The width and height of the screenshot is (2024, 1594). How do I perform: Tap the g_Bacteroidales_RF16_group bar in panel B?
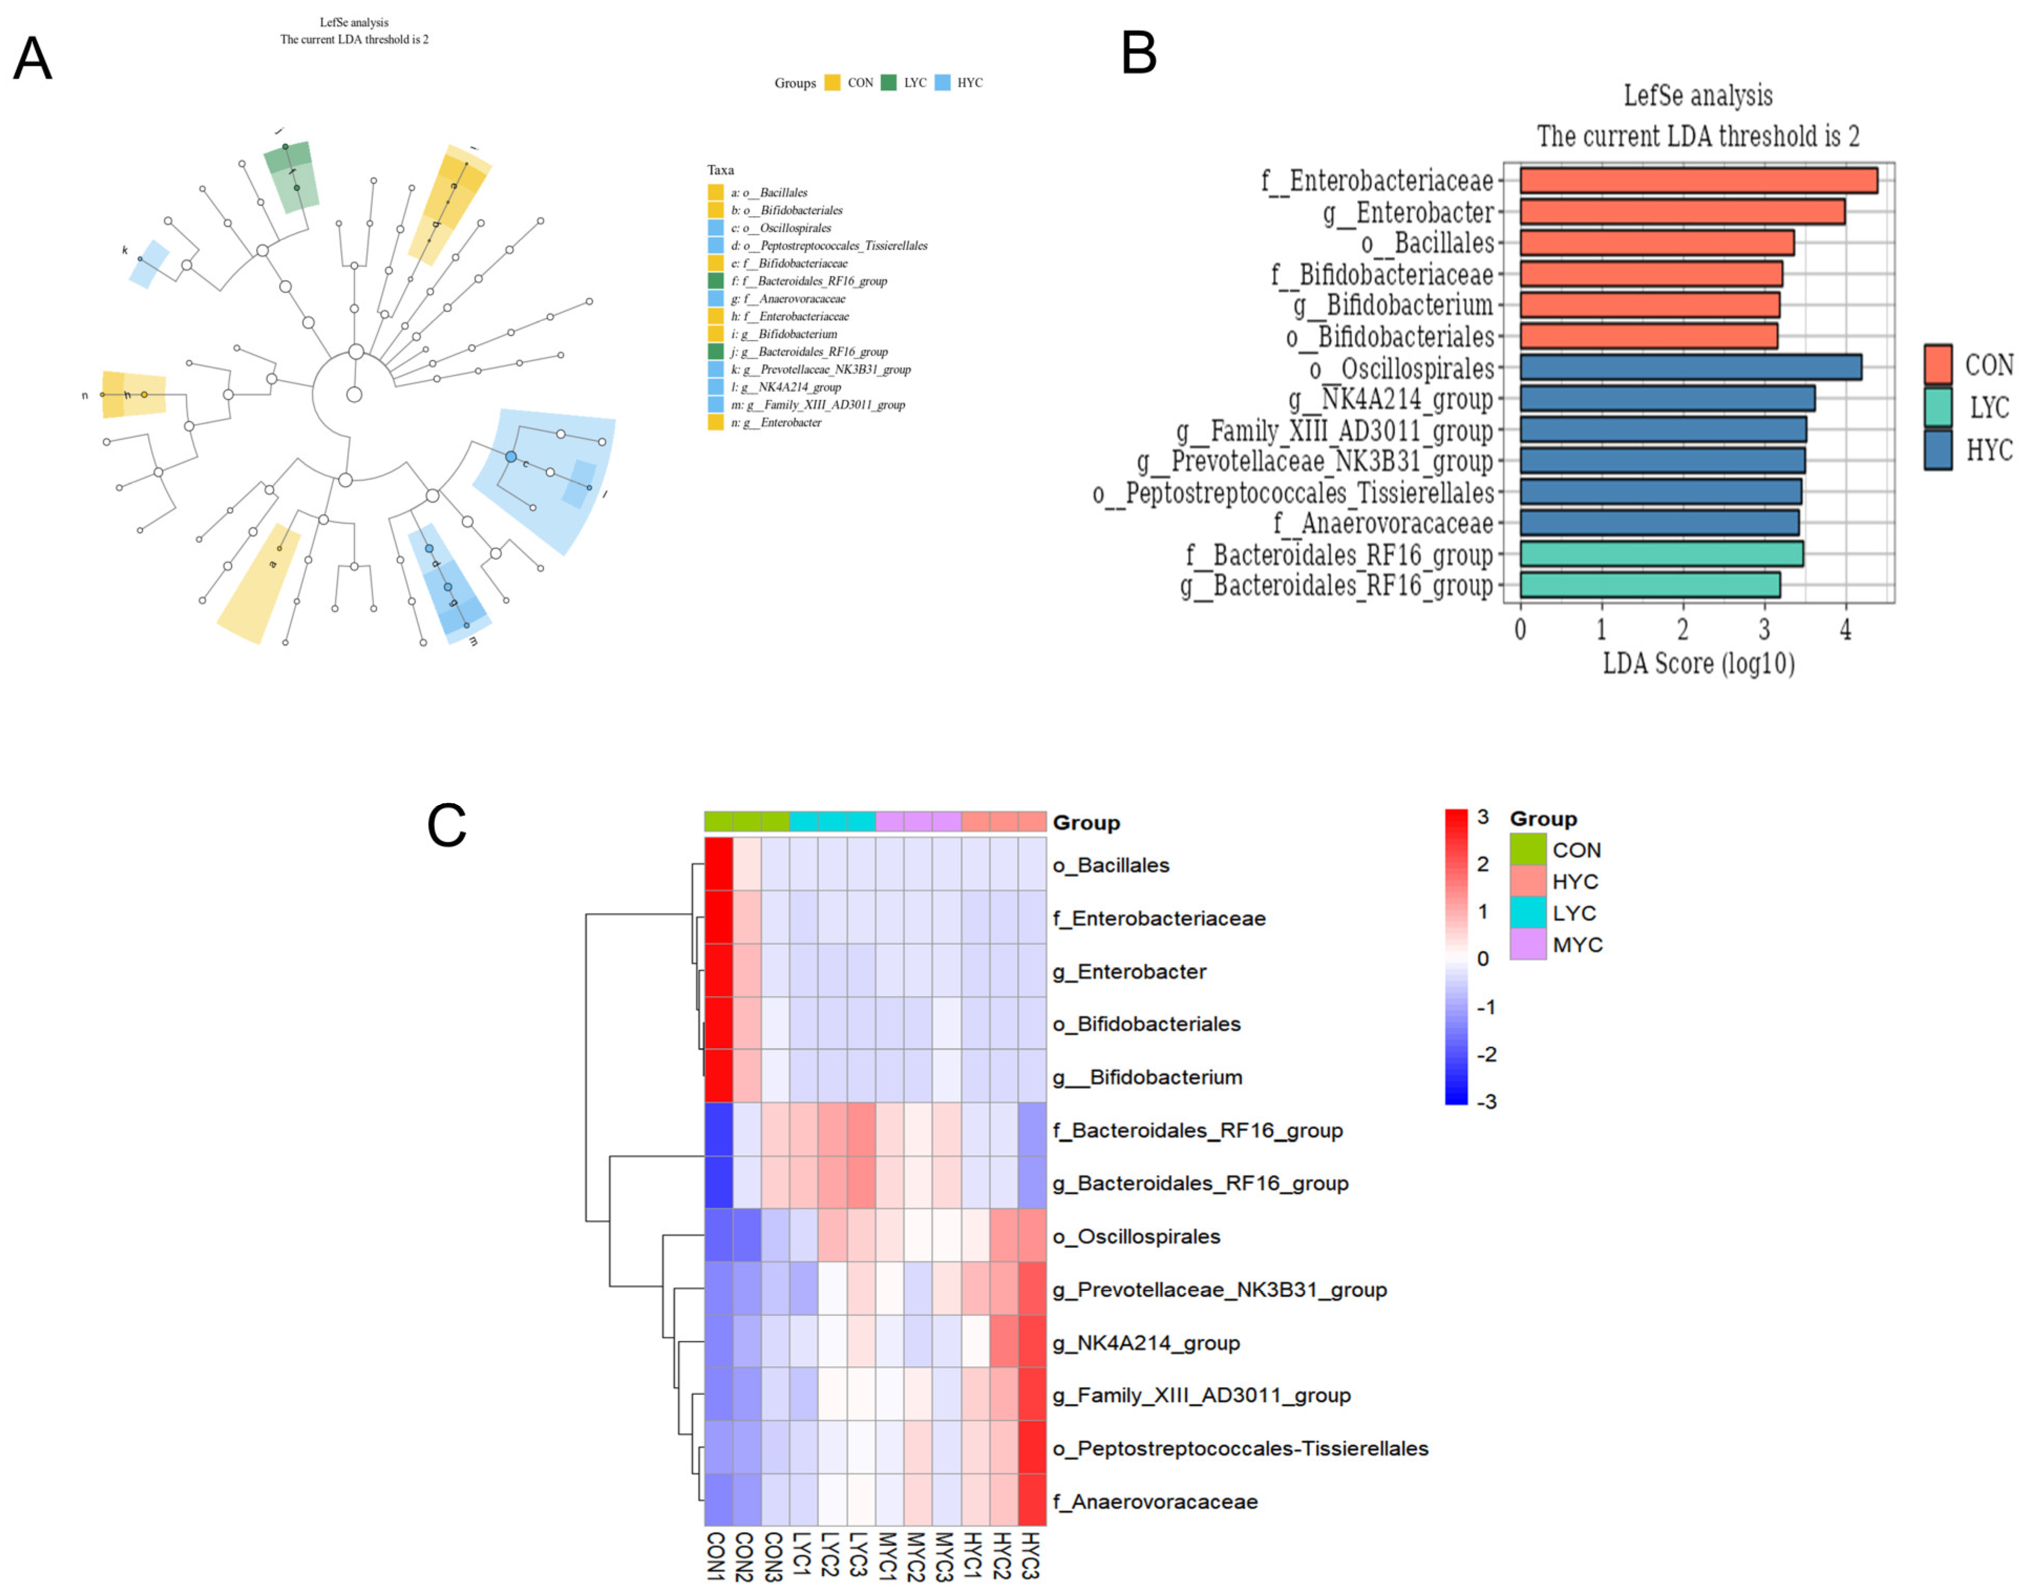[1649, 585]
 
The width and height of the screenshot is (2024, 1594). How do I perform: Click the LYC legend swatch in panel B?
[1937, 407]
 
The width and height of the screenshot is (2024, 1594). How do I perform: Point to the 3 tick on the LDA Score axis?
[1764, 630]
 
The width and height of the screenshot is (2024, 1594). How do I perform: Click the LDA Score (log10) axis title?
[1697, 664]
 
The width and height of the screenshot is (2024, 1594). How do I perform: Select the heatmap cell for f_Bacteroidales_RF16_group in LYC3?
[860, 1129]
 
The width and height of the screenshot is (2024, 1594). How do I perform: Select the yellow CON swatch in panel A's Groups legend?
[832, 83]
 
